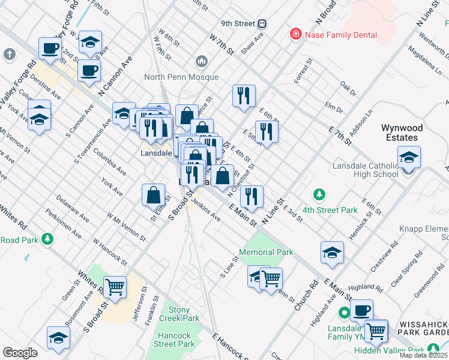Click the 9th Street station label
tap(238, 23)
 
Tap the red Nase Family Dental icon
tap(295, 35)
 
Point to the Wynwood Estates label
tap(402, 133)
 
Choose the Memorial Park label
tap(266, 252)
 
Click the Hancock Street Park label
tap(174, 340)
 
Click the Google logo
tap(20, 352)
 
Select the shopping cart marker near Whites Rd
tap(115, 287)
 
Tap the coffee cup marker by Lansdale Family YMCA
tap(361, 310)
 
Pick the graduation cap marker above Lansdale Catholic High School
tap(409, 157)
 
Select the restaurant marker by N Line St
tap(252, 196)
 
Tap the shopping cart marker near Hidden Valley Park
tap(376, 330)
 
